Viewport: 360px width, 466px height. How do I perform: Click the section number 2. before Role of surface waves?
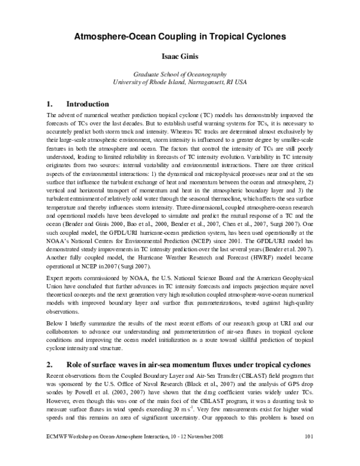point(50,365)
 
